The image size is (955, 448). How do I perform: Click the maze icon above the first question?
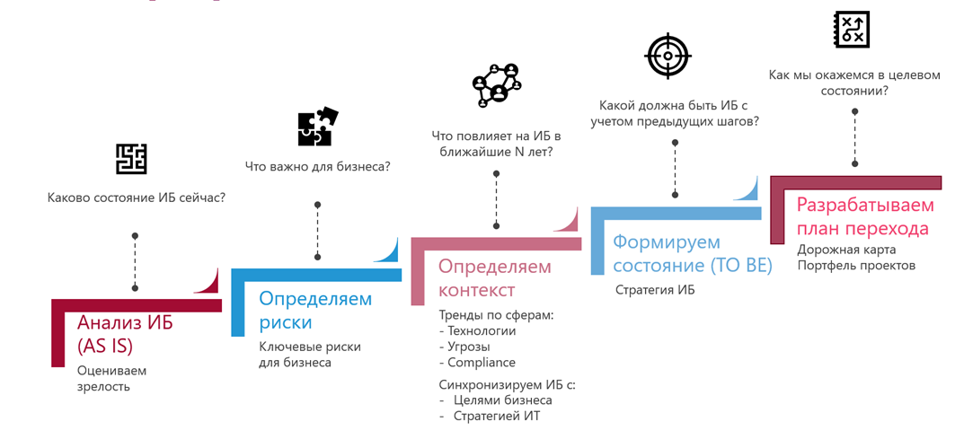click(x=131, y=160)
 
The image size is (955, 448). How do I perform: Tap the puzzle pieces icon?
click(x=318, y=127)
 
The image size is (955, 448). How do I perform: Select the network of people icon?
click(x=496, y=85)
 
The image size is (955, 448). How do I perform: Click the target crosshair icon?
click(x=668, y=56)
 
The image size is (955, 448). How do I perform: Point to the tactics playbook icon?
click(x=851, y=29)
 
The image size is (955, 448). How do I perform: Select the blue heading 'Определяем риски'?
click(x=315, y=310)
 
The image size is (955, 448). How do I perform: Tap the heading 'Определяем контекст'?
click(x=494, y=278)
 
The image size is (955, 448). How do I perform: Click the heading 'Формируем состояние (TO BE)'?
click(x=693, y=254)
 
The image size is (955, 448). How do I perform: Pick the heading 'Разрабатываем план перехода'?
click(x=865, y=215)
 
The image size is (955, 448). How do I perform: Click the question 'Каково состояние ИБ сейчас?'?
click(x=136, y=198)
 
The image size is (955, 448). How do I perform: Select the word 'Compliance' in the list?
click(x=482, y=363)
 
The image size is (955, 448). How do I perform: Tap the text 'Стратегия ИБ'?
click(x=655, y=290)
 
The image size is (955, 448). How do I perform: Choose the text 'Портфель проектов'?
click(x=856, y=265)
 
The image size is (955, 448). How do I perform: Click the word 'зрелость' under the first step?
click(x=103, y=387)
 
